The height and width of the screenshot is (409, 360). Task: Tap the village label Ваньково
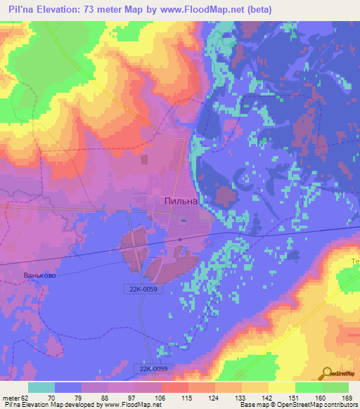[x=39, y=275]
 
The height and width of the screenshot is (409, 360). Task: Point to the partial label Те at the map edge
[x=355, y=262]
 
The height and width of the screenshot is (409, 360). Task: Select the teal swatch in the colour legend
[x=41, y=387]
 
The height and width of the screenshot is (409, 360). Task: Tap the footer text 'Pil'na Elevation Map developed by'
[x=50, y=405]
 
